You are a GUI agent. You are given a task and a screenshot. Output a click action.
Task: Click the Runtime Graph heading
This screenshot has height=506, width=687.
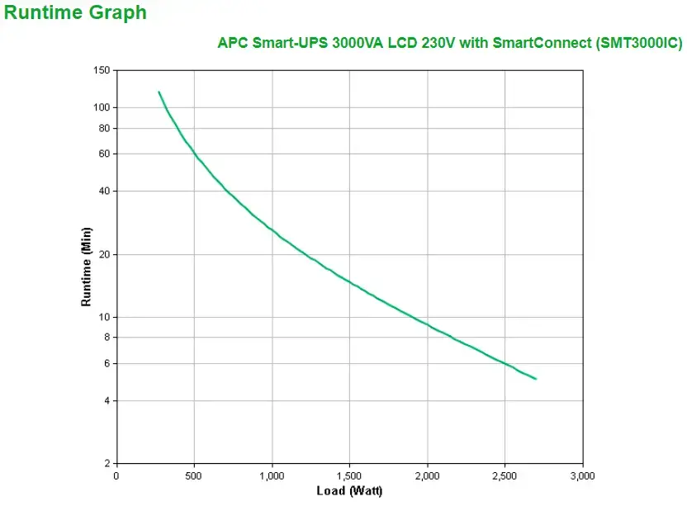(75, 13)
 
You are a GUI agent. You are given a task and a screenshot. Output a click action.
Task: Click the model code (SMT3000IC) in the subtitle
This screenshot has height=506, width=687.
(638, 43)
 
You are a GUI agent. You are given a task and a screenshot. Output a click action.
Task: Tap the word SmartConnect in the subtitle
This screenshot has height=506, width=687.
(541, 43)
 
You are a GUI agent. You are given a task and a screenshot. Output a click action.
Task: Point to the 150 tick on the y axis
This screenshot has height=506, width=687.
(101, 71)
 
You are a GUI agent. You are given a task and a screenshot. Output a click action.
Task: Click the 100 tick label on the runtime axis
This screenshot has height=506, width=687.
(101, 107)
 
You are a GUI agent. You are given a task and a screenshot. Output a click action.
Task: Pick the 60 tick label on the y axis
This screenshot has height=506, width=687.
(103, 154)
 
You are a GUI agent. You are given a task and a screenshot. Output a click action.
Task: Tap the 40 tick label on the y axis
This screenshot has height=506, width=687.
(103, 191)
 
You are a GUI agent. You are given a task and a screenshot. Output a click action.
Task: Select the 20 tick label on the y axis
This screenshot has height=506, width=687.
(103, 254)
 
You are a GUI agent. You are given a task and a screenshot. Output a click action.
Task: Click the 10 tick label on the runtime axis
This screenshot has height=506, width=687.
(103, 317)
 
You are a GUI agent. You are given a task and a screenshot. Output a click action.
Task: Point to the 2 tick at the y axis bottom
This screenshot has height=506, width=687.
(106, 463)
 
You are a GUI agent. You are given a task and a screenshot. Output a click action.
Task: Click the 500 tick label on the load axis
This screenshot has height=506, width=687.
(194, 476)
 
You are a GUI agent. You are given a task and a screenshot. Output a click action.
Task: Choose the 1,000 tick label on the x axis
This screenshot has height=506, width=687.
(272, 476)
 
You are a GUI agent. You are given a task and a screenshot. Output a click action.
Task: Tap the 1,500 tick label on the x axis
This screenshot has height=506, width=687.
(349, 476)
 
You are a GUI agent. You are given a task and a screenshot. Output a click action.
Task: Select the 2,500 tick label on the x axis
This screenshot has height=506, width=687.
(505, 476)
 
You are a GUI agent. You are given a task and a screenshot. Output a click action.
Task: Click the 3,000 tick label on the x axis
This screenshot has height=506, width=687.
(582, 476)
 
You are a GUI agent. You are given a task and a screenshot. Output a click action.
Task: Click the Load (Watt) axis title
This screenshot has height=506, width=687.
(349, 492)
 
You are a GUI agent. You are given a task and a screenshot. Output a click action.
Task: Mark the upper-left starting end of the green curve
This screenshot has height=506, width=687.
(159, 92)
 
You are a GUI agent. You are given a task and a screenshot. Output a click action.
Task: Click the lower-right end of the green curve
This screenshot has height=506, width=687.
(536, 379)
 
